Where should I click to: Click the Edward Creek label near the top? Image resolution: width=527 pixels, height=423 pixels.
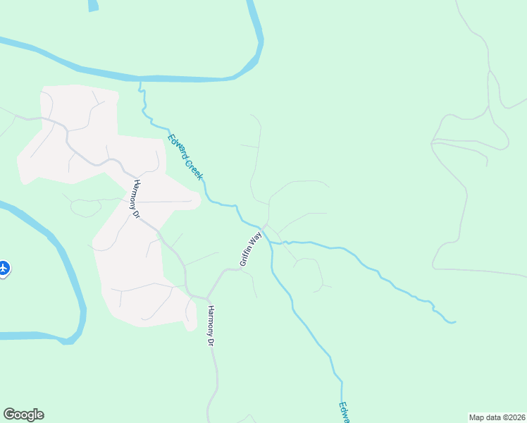tap(185, 156)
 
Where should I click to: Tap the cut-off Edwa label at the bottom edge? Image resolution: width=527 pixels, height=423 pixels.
tap(343, 412)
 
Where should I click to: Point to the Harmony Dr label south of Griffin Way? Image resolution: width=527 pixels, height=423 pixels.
tap(210, 324)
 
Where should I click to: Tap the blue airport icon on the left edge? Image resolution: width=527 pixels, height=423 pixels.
tap(4, 268)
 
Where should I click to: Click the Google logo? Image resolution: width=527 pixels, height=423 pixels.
tap(23, 415)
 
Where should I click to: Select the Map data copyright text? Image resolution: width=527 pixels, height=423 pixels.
tap(497, 417)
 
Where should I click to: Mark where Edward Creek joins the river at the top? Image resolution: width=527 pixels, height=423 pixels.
tap(140, 80)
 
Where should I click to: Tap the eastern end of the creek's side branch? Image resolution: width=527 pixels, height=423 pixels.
tap(454, 322)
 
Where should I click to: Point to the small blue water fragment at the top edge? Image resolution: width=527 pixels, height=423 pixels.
tap(92, 6)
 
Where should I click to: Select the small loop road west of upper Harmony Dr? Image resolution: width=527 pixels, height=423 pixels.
tap(85, 208)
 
